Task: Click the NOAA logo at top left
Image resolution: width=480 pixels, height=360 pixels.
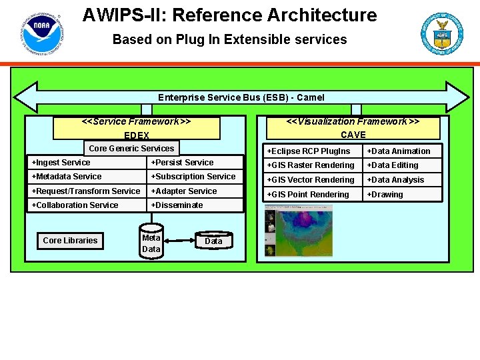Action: [x=41, y=33]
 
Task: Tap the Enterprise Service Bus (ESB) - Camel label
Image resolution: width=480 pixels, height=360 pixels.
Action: [x=241, y=97]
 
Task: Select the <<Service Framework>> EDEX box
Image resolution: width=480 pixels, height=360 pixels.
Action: [x=137, y=128]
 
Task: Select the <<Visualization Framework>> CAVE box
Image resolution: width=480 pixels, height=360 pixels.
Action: [x=353, y=128]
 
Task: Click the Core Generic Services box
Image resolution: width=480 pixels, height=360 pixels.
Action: [x=131, y=149]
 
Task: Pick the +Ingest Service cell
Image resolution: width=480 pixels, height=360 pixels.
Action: [x=87, y=163]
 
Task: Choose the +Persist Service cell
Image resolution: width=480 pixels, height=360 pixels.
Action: [x=195, y=163]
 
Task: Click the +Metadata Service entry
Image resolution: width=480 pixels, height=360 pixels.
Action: [x=87, y=177]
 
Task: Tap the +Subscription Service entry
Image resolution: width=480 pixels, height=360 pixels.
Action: [x=195, y=177]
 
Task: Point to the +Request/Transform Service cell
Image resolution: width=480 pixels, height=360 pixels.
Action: [x=87, y=191]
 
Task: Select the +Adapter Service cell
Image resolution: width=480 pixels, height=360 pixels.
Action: [x=195, y=191]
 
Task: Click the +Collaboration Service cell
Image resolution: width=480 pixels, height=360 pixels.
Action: [x=87, y=205]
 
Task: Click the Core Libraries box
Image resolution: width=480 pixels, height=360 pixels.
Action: [x=70, y=241]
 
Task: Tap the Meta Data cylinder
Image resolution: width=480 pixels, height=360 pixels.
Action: [x=151, y=243]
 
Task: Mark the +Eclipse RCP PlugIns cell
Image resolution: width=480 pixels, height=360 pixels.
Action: [x=313, y=151]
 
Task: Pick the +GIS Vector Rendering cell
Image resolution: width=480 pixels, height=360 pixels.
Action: [x=313, y=180]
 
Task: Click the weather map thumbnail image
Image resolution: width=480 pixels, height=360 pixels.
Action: [x=298, y=230]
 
